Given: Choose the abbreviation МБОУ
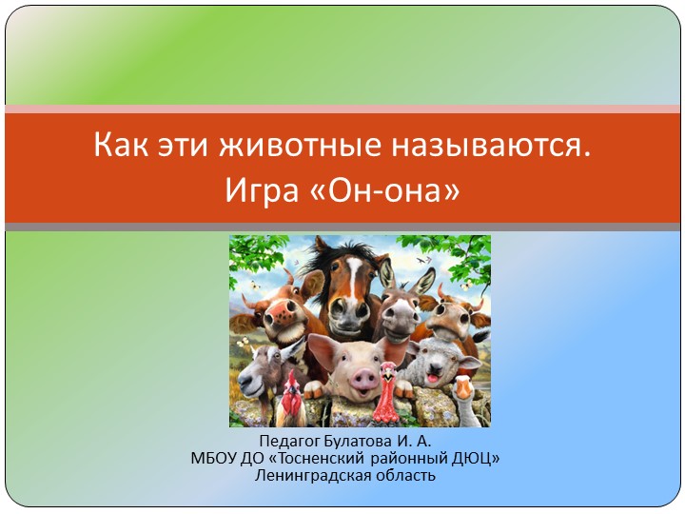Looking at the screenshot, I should coord(212,458).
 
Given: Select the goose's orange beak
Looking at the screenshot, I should coord(463,388).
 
